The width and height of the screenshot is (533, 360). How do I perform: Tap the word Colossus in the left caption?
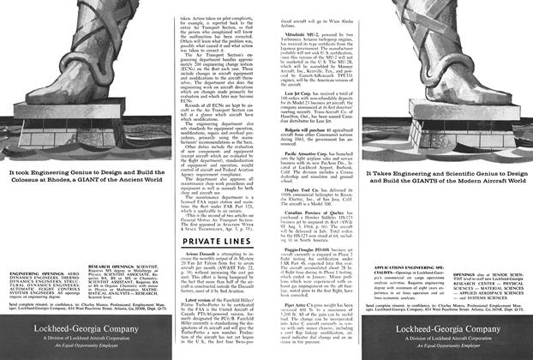(x=24, y=182)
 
